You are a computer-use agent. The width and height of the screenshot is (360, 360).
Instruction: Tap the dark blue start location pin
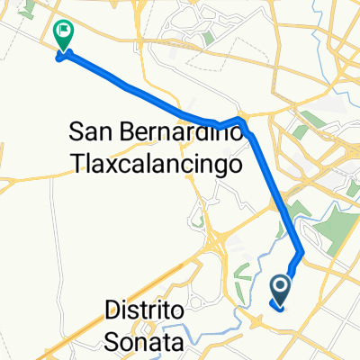click(x=280, y=287)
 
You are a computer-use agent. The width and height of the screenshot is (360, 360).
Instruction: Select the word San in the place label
click(x=91, y=132)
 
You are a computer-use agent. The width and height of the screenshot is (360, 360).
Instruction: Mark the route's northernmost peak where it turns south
click(x=240, y=119)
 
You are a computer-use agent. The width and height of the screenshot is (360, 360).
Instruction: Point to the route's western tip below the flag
click(x=60, y=60)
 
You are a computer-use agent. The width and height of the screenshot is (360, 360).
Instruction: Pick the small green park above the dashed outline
click(x=209, y=39)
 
